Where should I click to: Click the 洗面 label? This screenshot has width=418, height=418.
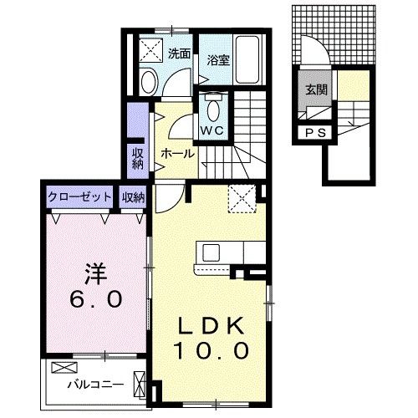178,54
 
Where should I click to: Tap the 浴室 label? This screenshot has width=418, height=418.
219,60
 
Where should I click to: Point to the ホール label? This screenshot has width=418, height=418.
177,154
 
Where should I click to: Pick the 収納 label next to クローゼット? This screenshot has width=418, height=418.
133,197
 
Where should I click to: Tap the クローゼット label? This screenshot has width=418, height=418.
80,197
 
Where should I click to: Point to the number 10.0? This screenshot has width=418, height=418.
212,351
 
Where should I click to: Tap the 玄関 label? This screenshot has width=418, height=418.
316,89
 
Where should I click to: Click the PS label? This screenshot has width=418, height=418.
316,132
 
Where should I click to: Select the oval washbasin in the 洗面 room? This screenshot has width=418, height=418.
149,82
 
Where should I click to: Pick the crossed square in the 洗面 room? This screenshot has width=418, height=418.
150,49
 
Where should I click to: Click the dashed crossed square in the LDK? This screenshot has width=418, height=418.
245,198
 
